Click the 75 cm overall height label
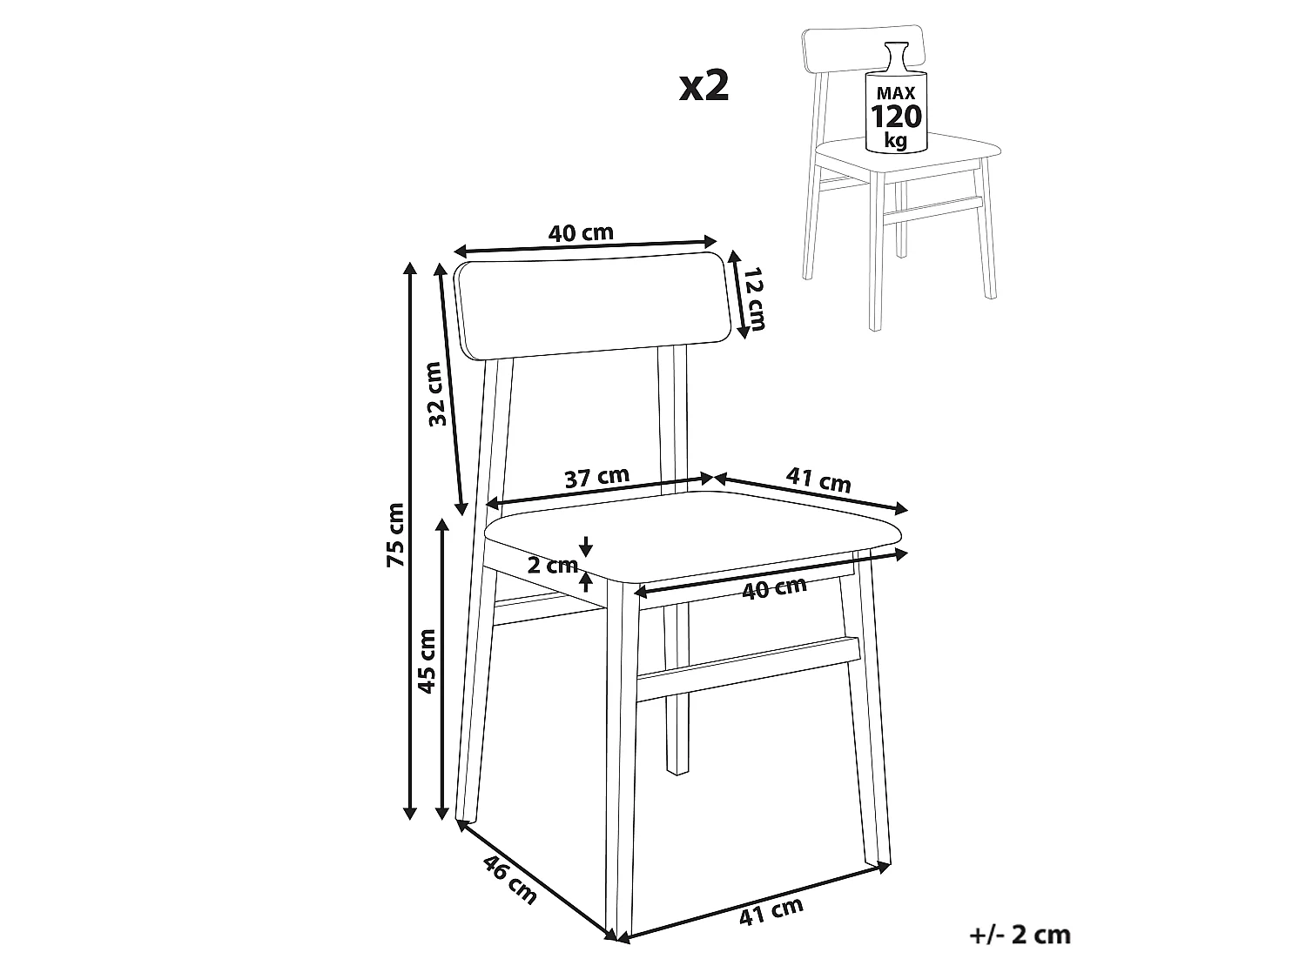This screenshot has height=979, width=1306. (x=395, y=534)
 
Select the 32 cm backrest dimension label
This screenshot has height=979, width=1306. (x=437, y=393)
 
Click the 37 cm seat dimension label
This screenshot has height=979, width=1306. (x=596, y=477)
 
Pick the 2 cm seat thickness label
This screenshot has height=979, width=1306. (x=553, y=565)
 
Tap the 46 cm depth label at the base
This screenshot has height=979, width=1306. (x=509, y=879)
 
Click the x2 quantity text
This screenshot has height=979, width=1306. (x=703, y=85)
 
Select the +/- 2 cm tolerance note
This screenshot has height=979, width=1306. (x=1020, y=935)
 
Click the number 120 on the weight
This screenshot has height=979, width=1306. (x=896, y=116)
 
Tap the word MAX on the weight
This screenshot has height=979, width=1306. (x=896, y=93)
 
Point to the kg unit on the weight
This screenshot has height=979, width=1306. (x=895, y=142)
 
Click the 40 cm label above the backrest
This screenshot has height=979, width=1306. (x=581, y=233)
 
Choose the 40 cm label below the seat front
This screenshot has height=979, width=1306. (x=774, y=587)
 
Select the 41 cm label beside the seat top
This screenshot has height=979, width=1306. (x=818, y=479)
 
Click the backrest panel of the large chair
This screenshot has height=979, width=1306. (x=593, y=305)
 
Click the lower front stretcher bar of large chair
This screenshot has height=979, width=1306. (x=749, y=668)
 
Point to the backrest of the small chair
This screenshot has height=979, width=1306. (x=863, y=50)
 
